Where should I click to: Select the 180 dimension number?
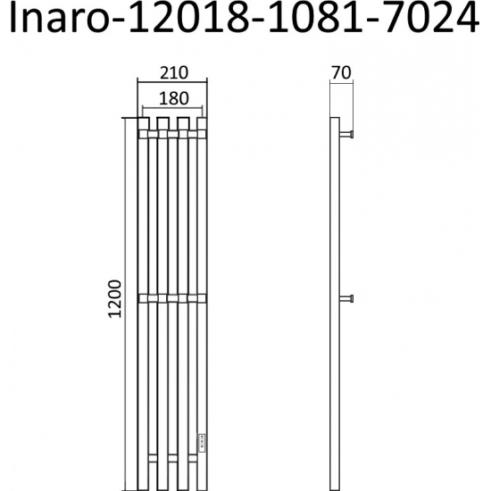pyautogui.click(x=171, y=97)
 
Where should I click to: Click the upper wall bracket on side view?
pyautogui.click(x=350, y=134)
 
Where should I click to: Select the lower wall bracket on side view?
pyautogui.click(x=350, y=296)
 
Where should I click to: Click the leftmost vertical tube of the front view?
pyautogui.click(x=144, y=304)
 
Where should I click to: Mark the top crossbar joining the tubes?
pyautogui.click(x=172, y=134)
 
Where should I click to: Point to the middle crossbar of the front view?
pyautogui.click(x=172, y=296)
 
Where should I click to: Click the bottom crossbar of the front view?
pyautogui.click(x=172, y=458)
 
